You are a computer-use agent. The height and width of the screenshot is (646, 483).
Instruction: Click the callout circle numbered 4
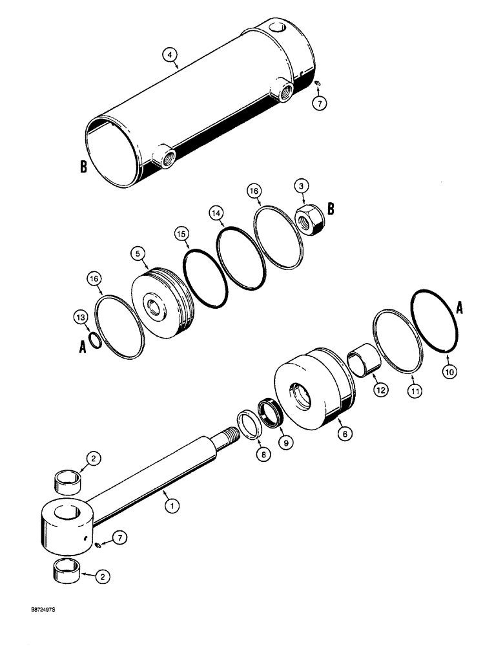pyautogui.click(x=169, y=56)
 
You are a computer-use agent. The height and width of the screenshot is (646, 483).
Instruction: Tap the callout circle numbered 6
pyautogui.click(x=344, y=435)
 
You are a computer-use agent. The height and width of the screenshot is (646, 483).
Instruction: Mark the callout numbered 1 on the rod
pyautogui.click(x=170, y=506)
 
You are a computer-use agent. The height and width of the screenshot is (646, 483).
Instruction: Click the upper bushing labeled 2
pyautogui.click(x=69, y=481)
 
